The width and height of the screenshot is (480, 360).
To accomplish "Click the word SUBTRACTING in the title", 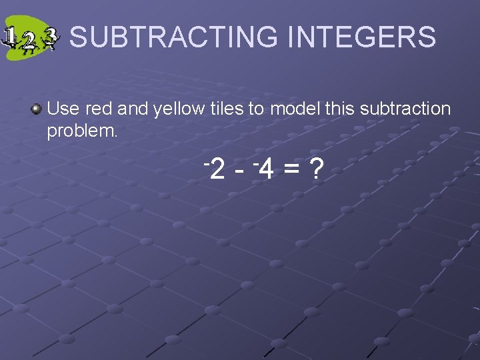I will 173,37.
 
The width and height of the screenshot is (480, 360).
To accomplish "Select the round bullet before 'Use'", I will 37,109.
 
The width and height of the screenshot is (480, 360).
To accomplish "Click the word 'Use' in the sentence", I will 63,109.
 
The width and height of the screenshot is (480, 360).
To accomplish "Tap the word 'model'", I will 293,109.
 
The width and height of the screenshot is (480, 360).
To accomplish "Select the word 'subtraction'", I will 405,109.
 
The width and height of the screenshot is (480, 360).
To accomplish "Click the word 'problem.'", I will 82,131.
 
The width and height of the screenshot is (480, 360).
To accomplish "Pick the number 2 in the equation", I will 217,171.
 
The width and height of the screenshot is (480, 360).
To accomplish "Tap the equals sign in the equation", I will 290,172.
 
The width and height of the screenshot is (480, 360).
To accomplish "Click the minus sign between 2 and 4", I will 241,173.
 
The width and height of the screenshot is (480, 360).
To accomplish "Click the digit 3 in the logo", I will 51,37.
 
